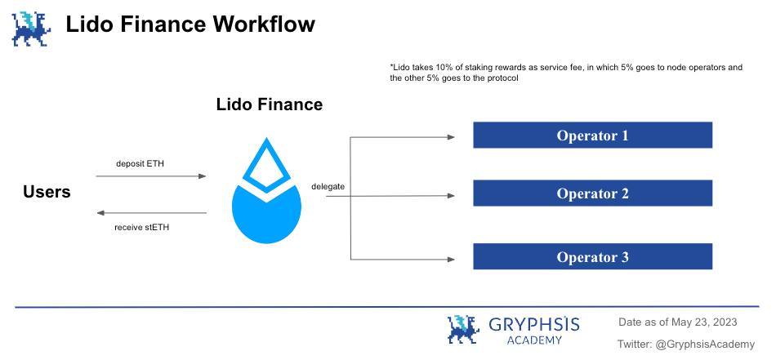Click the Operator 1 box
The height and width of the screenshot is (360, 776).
pyautogui.click(x=592, y=135)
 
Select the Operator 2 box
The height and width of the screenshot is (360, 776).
pyautogui.click(x=592, y=193)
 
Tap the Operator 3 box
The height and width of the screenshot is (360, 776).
pyautogui.click(x=592, y=256)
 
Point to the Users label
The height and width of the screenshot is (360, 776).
pyautogui.click(x=47, y=192)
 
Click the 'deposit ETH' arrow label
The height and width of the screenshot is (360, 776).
pyautogui.click(x=140, y=163)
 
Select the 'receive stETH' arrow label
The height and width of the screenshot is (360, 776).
pyautogui.click(x=141, y=228)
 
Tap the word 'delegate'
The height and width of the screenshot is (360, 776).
pyautogui.click(x=328, y=186)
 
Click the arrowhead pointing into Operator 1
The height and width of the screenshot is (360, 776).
pyautogui.click(x=451, y=137)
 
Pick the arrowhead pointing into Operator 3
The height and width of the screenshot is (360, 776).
pyautogui.click(x=451, y=259)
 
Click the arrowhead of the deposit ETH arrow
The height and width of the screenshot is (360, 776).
pyautogui.click(x=202, y=176)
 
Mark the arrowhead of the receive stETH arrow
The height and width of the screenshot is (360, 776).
pyautogui.click(x=100, y=213)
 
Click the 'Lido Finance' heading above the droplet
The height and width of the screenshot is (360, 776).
pyautogui.click(x=270, y=104)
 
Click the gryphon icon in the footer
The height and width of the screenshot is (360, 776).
pyautogui.click(x=464, y=329)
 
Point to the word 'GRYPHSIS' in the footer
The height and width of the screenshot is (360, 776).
pyautogui.click(x=534, y=324)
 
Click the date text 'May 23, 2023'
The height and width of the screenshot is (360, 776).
pyautogui.click(x=704, y=322)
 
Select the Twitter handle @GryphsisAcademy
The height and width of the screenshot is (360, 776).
pyautogui.click(x=706, y=344)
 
